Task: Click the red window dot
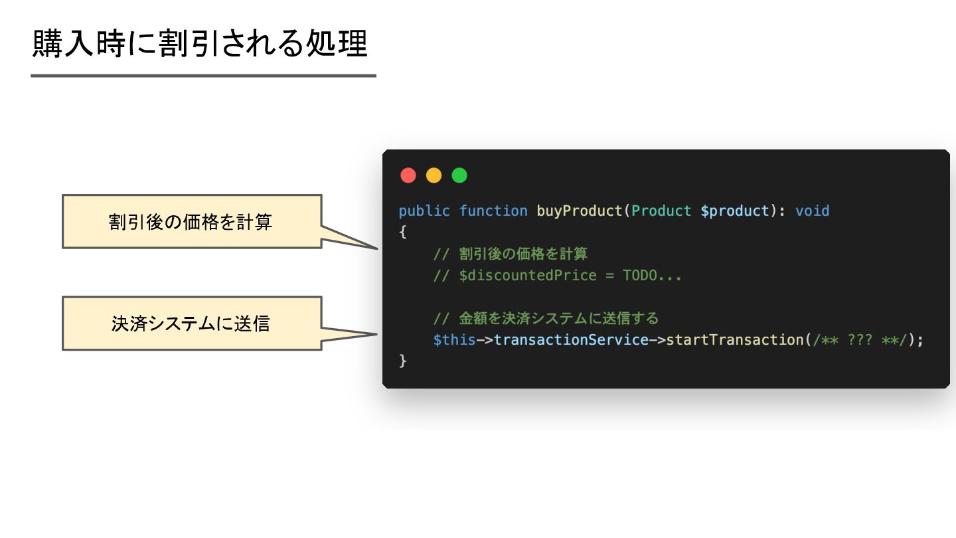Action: point(408,175)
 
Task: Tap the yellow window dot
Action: point(434,175)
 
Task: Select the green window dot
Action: point(459,175)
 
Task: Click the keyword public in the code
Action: point(424,211)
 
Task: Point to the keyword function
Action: point(493,211)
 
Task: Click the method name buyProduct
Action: point(580,211)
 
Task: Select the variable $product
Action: point(735,211)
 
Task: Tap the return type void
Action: point(813,211)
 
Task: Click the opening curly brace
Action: point(402,232)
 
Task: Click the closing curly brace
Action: point(402,361)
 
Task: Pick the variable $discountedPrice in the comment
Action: point(528,275)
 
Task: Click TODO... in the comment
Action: point(652,275)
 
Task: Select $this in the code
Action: point(454,339)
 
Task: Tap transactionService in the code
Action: point(571,339)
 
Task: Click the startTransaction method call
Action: point(735,339)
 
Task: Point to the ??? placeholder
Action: point(860,339)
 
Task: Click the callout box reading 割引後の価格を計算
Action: point(191,221)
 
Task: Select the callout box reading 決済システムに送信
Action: point(191,323)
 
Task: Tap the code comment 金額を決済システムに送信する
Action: point(558,318)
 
